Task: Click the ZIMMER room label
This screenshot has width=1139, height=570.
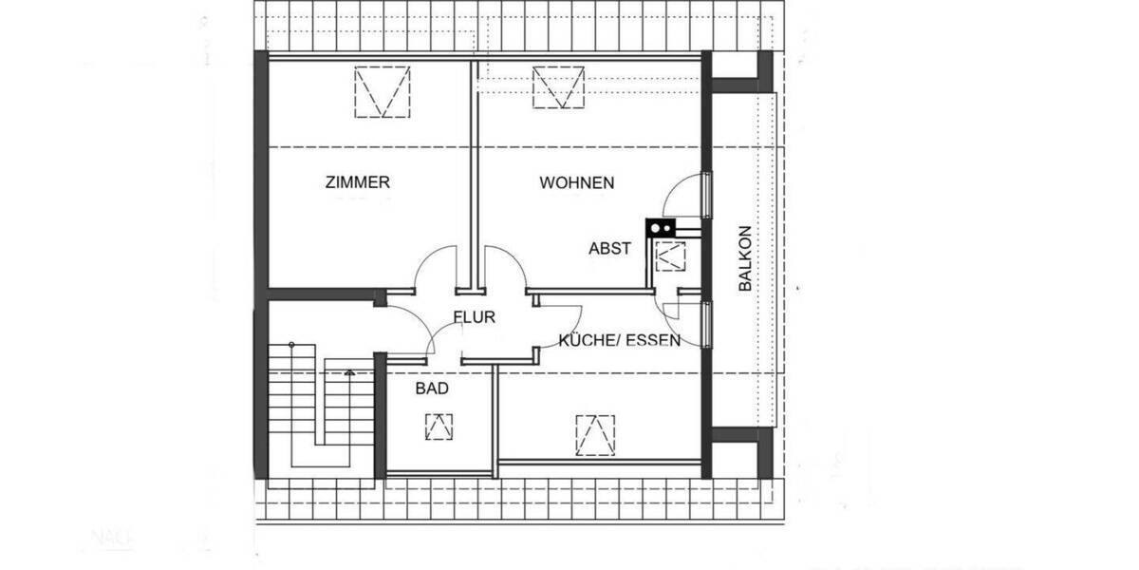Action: coord(357,182)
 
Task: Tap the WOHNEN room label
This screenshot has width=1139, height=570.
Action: coord(577,182)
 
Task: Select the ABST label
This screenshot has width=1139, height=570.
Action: coord(609,249)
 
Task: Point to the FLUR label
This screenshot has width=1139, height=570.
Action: coord(474,318)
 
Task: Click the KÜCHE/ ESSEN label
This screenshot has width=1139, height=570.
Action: coord(619,340)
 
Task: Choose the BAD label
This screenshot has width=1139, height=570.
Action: coord(432,389)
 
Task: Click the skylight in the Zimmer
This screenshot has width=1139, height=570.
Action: coord(381,91)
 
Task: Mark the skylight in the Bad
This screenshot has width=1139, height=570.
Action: coord(439,427)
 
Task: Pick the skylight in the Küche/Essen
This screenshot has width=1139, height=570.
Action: coord(595,434)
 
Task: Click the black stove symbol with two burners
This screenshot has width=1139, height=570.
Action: coord(661,227)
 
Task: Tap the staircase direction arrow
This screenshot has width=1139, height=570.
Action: coord(349,374)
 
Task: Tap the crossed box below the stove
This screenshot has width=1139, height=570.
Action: coord(670,256)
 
